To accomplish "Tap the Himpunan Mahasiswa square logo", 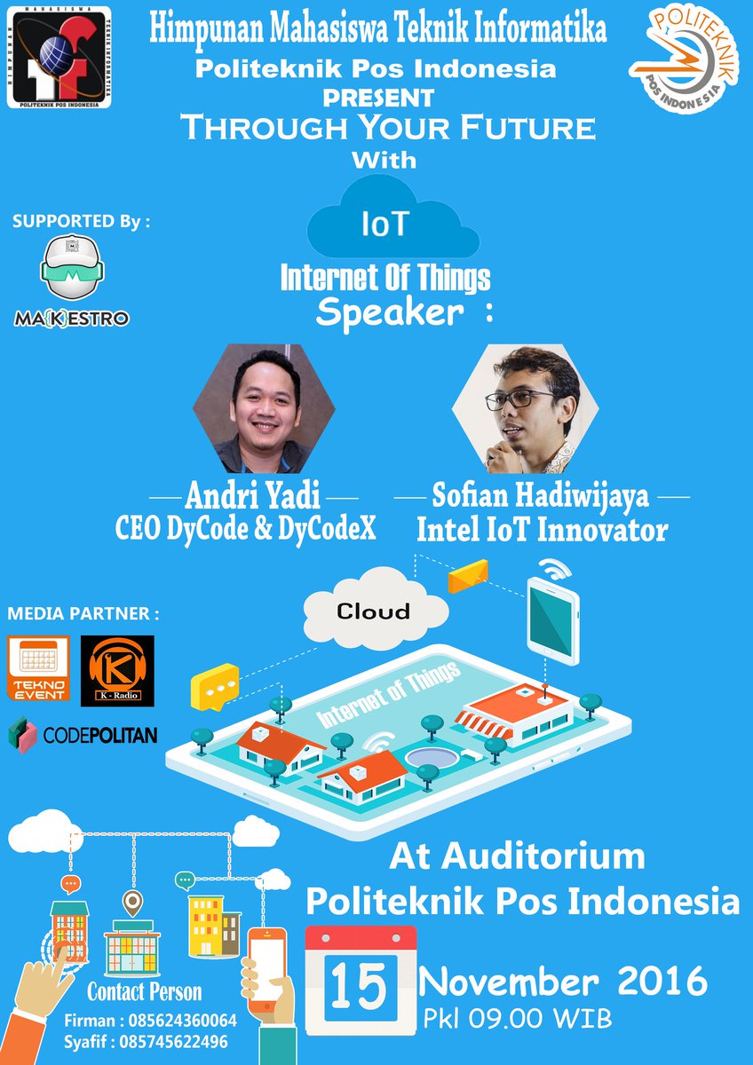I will [x=59, y=57].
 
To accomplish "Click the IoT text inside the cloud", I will [x=385, y=224].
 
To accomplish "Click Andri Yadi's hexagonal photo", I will [x=265, y=409].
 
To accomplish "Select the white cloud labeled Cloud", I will [x=375, y=611].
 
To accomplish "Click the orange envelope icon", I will [x=468, y=576].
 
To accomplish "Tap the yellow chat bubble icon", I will [x=215, y=686].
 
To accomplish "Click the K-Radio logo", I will [x=117, y=671].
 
